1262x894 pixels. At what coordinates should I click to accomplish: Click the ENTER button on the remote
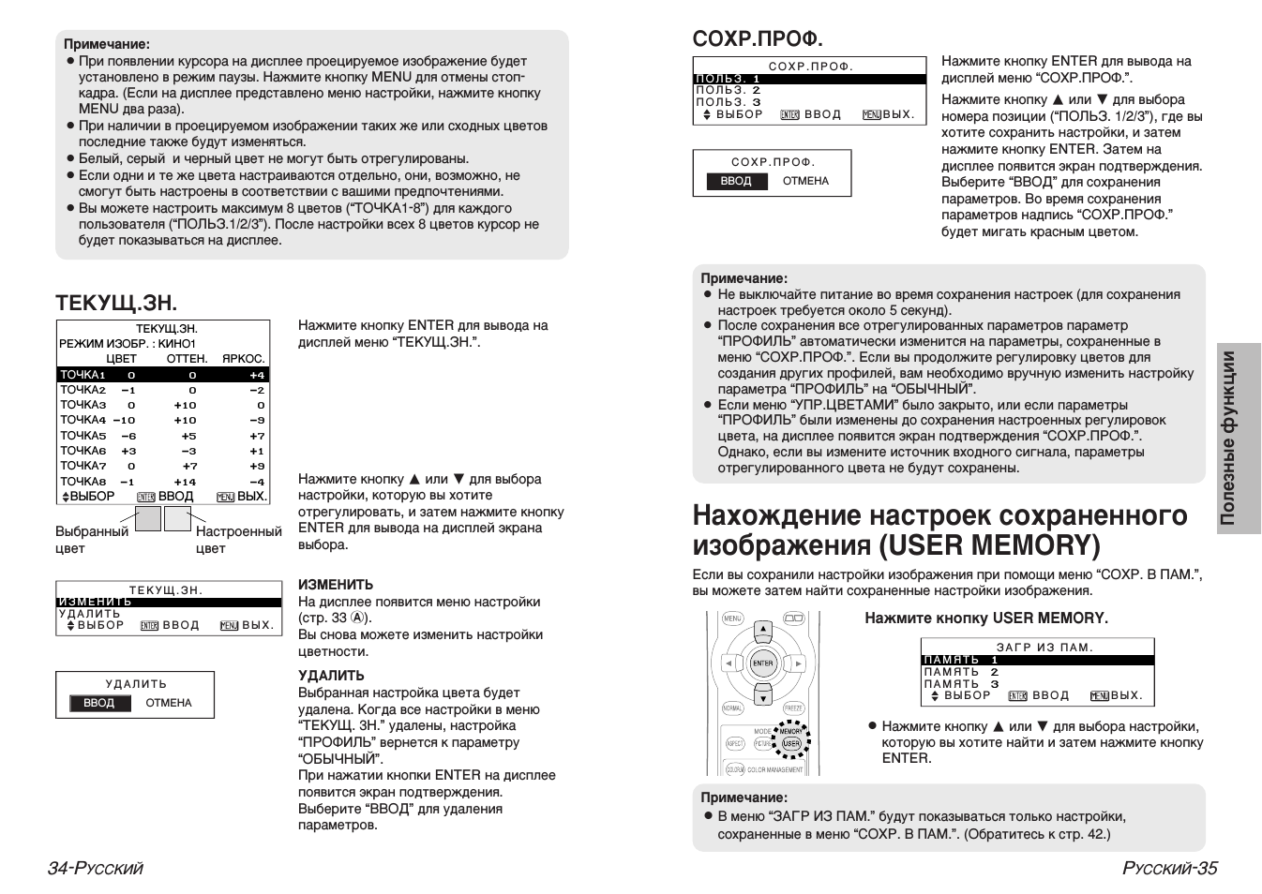(763, 663)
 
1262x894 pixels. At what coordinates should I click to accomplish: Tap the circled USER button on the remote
(791, 743)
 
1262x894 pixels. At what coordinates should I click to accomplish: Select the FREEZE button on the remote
(793, 708)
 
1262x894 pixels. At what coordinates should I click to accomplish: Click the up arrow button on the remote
(763, 630)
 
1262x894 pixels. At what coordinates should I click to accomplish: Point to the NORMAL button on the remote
(733, 708)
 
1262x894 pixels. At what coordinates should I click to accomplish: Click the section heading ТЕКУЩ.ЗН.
(116, 303)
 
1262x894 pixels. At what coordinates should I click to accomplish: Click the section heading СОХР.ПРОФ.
(757, 38)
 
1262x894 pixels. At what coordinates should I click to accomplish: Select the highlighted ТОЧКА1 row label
(83, 375)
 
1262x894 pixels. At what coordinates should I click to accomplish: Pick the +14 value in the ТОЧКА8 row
(185, 482)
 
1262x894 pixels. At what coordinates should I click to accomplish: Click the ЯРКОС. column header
(243, 359)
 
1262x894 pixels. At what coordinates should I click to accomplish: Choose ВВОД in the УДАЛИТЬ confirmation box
(98, 703)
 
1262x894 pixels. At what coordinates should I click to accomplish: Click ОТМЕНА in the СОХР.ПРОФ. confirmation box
(805, 181)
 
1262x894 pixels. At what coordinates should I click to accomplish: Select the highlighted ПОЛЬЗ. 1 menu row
(728, 80)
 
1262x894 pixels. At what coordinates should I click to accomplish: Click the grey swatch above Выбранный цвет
(148, 519)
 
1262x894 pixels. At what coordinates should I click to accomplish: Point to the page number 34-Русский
(96, 868)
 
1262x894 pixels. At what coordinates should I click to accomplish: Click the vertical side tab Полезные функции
(1238, 438)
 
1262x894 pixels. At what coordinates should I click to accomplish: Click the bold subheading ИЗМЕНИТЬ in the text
(335, 585)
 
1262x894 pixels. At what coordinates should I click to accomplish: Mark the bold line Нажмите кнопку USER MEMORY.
(985, 618)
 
